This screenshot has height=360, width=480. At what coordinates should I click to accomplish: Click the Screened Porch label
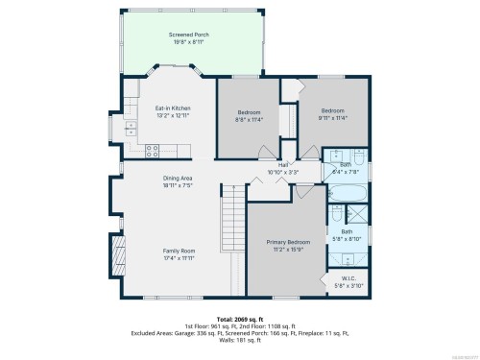pos(188,35)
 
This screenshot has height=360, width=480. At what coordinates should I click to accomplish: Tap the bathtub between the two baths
pos(347,193)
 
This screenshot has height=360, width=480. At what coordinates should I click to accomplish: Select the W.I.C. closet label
pos(347,279)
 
